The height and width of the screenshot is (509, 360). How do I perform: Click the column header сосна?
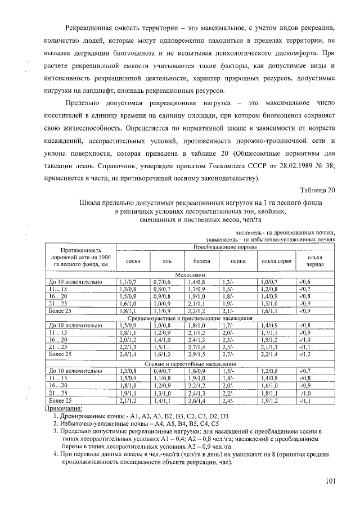tap(133, 261)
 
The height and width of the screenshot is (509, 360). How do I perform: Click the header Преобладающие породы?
tap(225, 247)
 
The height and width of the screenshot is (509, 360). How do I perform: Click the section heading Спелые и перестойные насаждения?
tap(190, 364)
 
